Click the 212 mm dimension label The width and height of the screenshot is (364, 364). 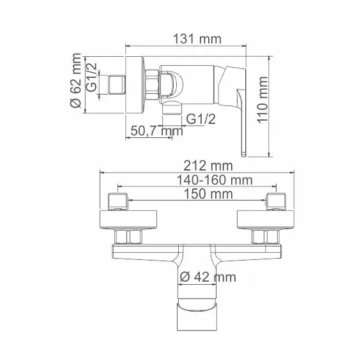[196, 165]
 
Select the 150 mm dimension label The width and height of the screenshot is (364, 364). [197, 193]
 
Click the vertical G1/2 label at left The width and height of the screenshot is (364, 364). [91, 83]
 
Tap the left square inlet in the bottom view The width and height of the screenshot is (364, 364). [119, 201]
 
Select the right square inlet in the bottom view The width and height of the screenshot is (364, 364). [276, 201]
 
